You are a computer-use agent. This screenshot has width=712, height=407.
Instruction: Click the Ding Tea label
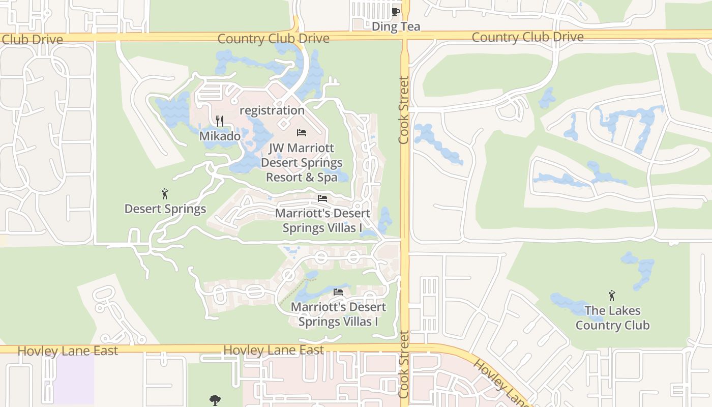pyautogui.click(x=396, y=26)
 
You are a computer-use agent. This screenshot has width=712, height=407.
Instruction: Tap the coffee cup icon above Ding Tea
pyautogui.click(x=396, y=12)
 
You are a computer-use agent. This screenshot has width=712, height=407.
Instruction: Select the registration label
pyautogui.click(x=272, y=110)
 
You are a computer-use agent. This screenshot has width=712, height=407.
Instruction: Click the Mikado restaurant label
pyautogui.click(x=220, y=136)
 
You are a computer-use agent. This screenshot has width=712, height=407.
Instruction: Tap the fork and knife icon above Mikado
pyautogui.click(x=220, y=121)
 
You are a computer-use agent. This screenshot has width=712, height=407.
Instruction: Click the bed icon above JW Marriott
pyautogui.click(x=302, y=133)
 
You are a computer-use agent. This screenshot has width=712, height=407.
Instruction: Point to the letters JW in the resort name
pyautogui.click(x=277, y=148)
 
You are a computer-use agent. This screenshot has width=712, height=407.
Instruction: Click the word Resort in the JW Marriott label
pyautogui.click(x=284, y=177)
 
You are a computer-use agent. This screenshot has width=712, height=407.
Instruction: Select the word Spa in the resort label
pyautogui.click(x=328, y=177)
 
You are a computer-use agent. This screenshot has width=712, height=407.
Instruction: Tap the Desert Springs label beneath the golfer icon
pyautogui.click(x=165, y=209)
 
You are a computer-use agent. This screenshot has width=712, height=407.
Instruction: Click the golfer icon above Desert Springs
pyautogui.click(x=165, y=194)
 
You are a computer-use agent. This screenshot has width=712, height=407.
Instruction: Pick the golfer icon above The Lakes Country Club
pyautogui.click(x=612, y=296)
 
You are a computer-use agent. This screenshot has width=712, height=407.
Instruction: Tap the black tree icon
pyautogui.click(x=215, y=400)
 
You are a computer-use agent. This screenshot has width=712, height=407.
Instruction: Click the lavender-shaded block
pyautogui.click(x=74, y=379)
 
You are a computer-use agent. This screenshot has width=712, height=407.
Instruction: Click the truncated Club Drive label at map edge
pyautogui.click(x=32, y=40)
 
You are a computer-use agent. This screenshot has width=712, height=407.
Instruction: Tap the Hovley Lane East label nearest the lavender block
pyautogui.click(x=68, y=351)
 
